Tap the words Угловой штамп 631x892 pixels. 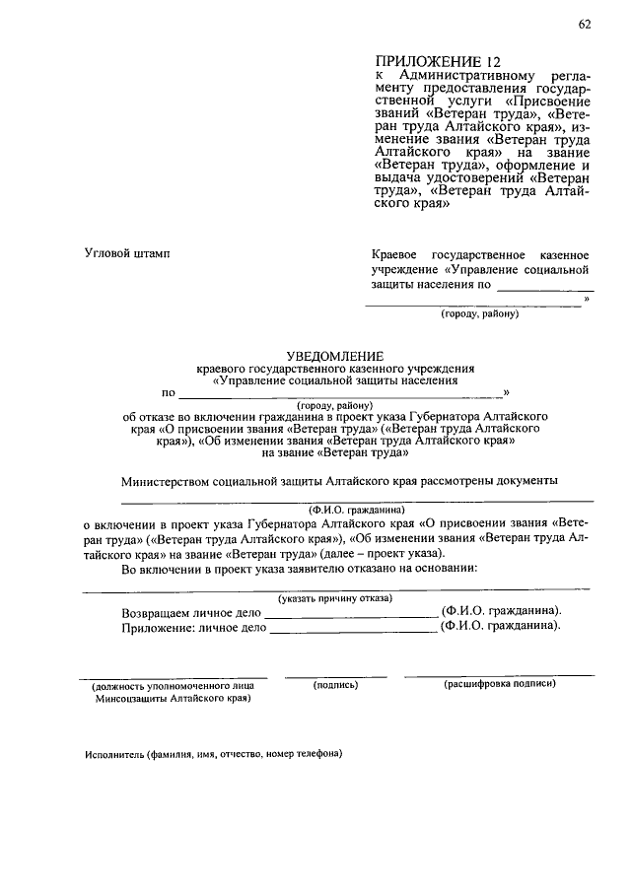tap(127, 254)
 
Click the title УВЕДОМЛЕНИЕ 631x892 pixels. tap(334, 355)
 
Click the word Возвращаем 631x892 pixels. tap(158, 612)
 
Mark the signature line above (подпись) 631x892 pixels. tap(335, 676)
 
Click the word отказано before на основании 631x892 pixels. tap(368, 569)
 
